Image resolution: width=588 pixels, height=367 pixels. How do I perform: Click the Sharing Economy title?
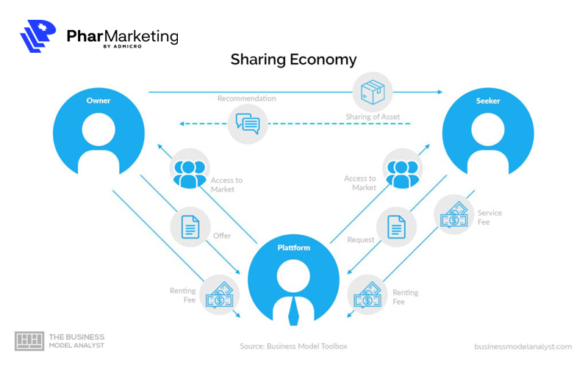[293, 59]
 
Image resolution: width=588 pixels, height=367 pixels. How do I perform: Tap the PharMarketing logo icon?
[38, 37]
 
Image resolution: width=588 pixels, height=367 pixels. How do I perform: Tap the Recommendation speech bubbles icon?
[247, 123]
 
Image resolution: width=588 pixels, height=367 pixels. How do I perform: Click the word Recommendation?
[246, 98]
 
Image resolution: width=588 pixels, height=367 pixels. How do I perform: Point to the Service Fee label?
[490, 217]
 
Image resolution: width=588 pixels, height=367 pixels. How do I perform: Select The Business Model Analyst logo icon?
[29, 341]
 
